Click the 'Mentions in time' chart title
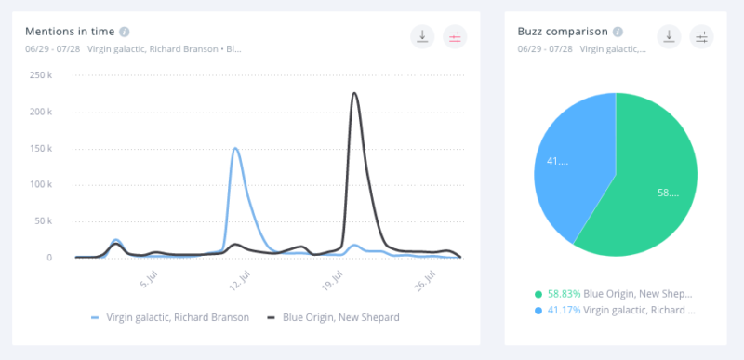(70, 31)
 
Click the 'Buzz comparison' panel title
(563, 31)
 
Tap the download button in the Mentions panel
(422, 36)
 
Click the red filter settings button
(455, 36)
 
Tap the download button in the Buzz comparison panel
(669, 36)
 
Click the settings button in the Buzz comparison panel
(702, 36)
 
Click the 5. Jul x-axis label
(149, 280)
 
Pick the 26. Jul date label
(426, 280)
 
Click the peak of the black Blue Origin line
(354, 93)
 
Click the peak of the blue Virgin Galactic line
(235, 148)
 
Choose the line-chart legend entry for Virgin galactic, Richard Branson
(171, 317)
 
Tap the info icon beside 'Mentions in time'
(125, 32)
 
